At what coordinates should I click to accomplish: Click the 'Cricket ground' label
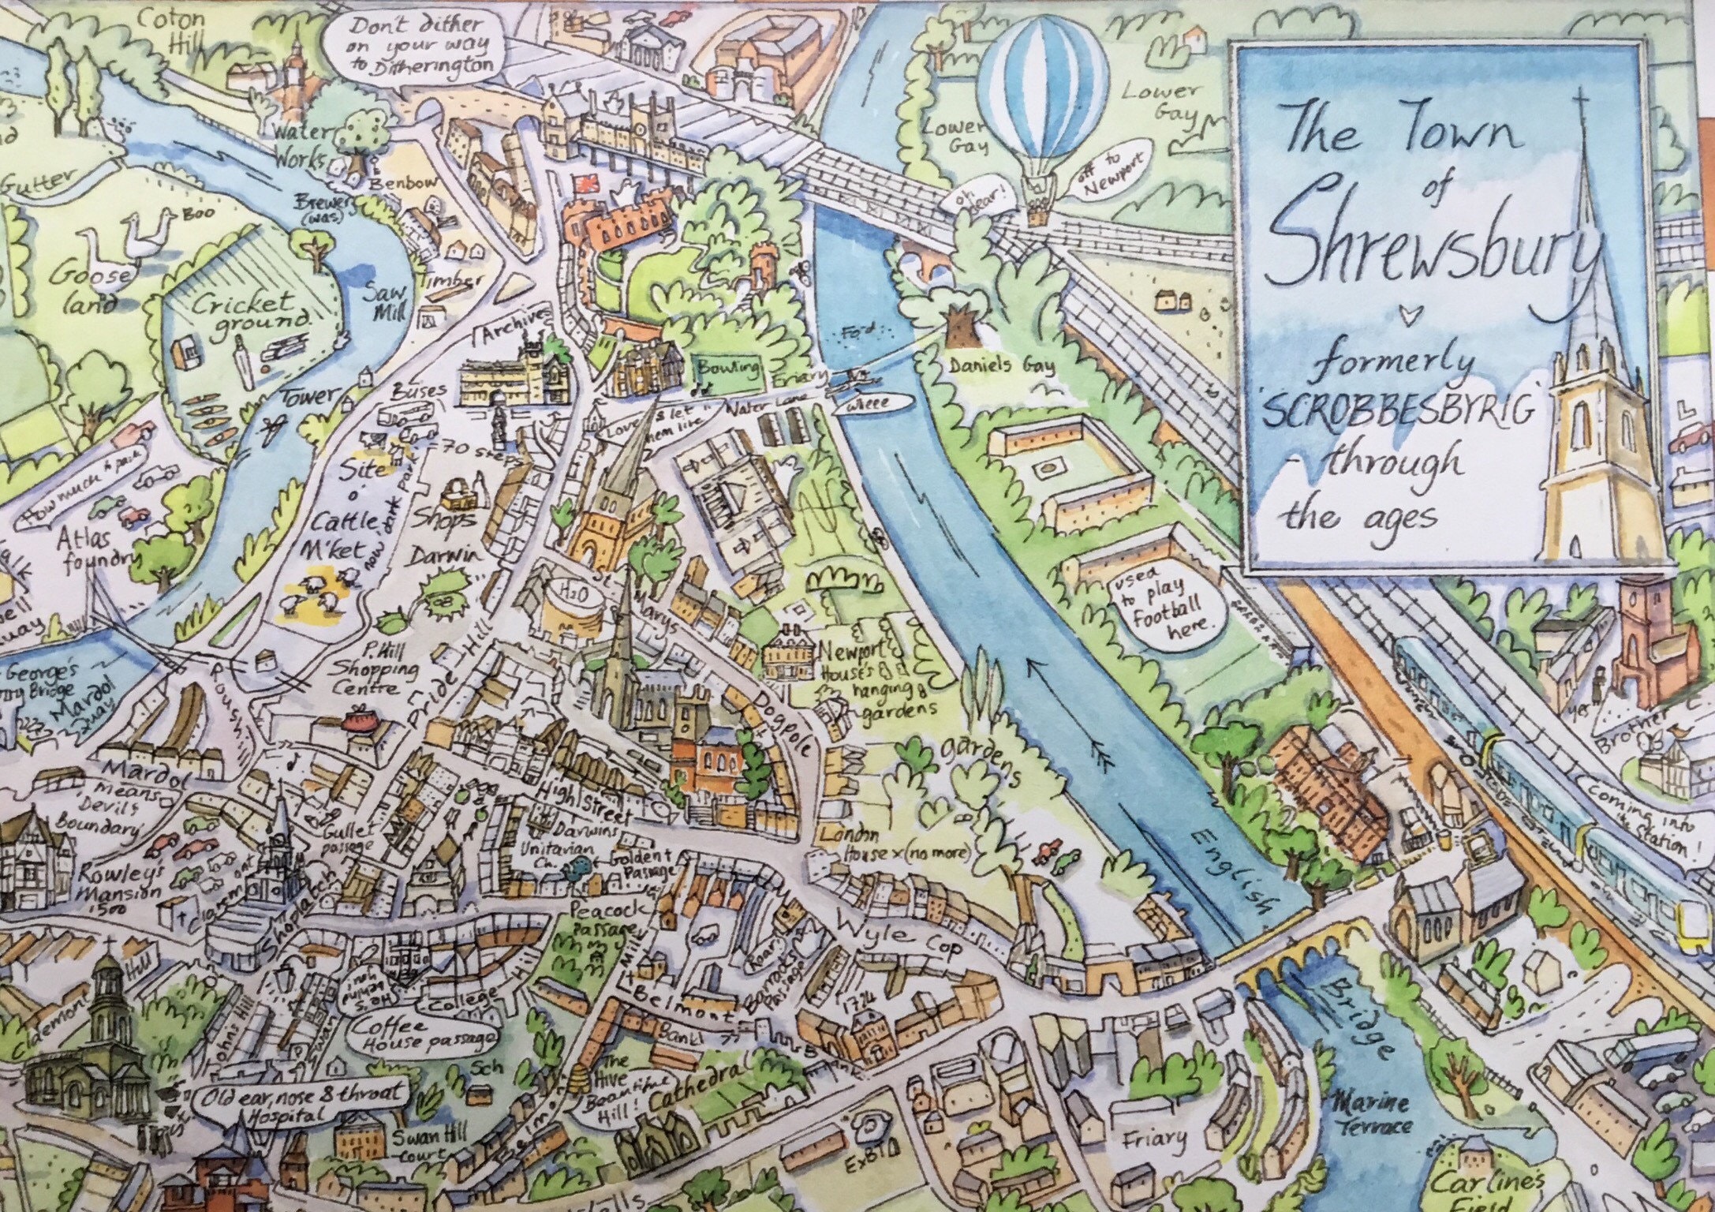pyautogui.click(x=252, y=311)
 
